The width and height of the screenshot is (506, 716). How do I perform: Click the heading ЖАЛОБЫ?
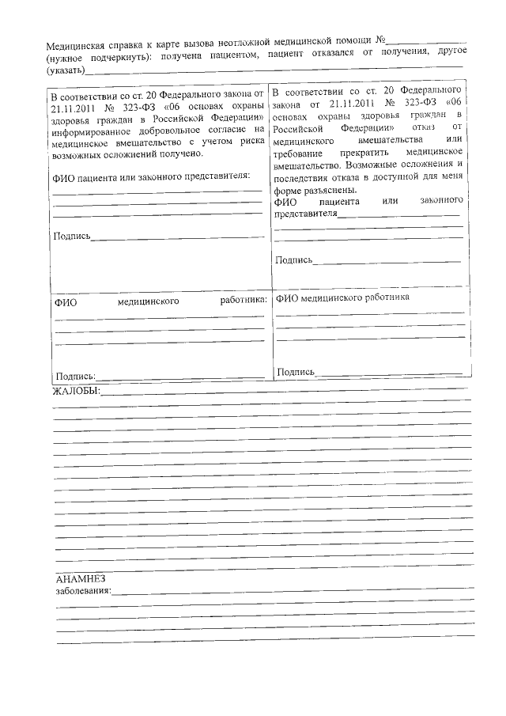[x=77, y=392]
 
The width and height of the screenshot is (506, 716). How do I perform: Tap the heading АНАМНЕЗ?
[x=81, y=578]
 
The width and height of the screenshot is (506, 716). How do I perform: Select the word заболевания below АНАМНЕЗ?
[x=83, y=591]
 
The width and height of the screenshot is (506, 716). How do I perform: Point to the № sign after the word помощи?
[x=379, y=39]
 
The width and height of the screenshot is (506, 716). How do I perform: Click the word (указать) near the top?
[x=67, y=70]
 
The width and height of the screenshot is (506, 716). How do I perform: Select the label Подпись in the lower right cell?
[x=296, y=371]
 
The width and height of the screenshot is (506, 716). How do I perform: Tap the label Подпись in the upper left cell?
[x=72, y=237]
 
